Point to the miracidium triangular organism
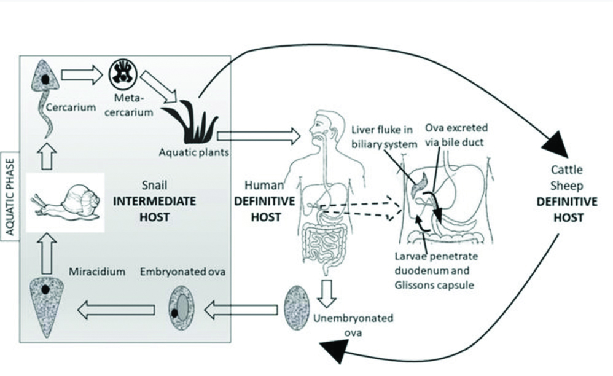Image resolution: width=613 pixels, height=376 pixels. (x=45, y=305)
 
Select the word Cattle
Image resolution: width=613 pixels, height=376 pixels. (x=566, y=171)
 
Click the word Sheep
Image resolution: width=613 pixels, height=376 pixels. (x=566, y=186)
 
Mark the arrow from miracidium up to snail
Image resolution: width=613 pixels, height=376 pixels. (x=45, y=254)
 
